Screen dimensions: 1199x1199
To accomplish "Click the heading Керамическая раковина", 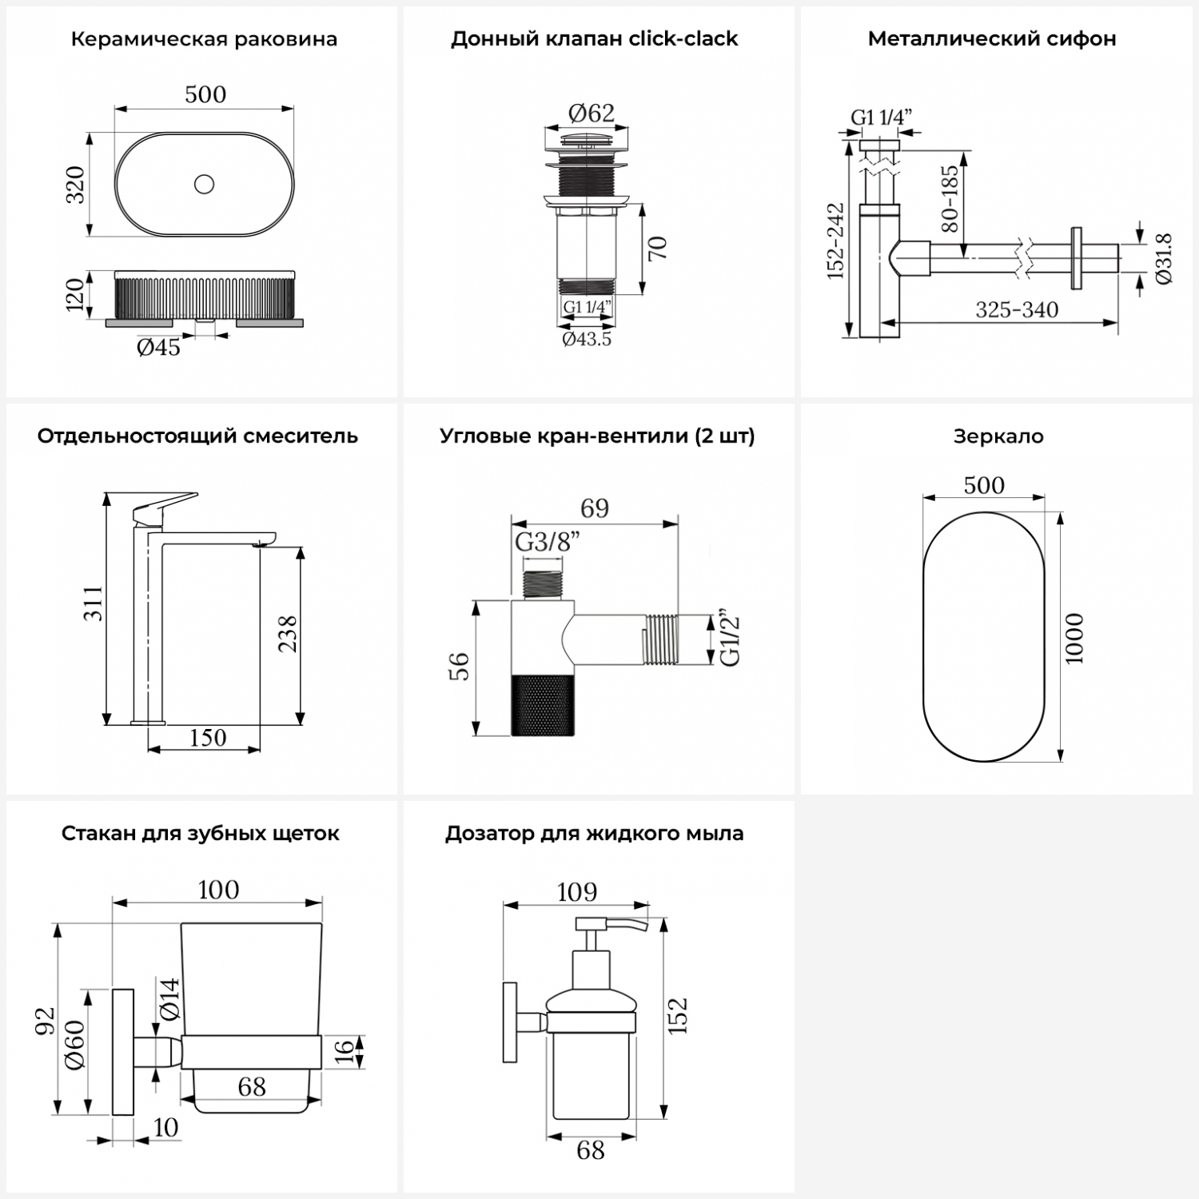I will pos(204,39).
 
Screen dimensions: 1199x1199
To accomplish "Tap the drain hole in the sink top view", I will pos(204,185).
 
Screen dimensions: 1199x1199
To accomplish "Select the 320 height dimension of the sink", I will pos(74,185).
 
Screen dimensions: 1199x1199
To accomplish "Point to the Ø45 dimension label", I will pos(158,347).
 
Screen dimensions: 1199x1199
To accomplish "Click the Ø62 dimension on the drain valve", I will pos(591,113).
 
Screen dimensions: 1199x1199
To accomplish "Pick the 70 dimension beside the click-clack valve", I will pos(657,249).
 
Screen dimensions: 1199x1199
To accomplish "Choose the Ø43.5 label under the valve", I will pos(587,339).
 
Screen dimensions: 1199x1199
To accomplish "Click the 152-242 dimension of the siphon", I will pos(835,241).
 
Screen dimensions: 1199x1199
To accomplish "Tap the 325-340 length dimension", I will pos(1016,309).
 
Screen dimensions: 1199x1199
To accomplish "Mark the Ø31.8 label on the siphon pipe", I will pos(1164,258).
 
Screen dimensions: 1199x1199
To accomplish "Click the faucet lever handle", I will pos(164,506).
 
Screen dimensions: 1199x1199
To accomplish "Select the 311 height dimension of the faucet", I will pos(94,603).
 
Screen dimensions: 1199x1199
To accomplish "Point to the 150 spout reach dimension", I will pos(207,737).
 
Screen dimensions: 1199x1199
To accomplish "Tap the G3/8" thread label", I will pos(547,542).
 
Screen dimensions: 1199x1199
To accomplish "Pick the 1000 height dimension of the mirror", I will pos(1074,638).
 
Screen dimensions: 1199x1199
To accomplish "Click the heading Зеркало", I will pos(998,436).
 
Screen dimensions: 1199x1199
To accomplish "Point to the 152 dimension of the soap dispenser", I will pos(677,1015).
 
